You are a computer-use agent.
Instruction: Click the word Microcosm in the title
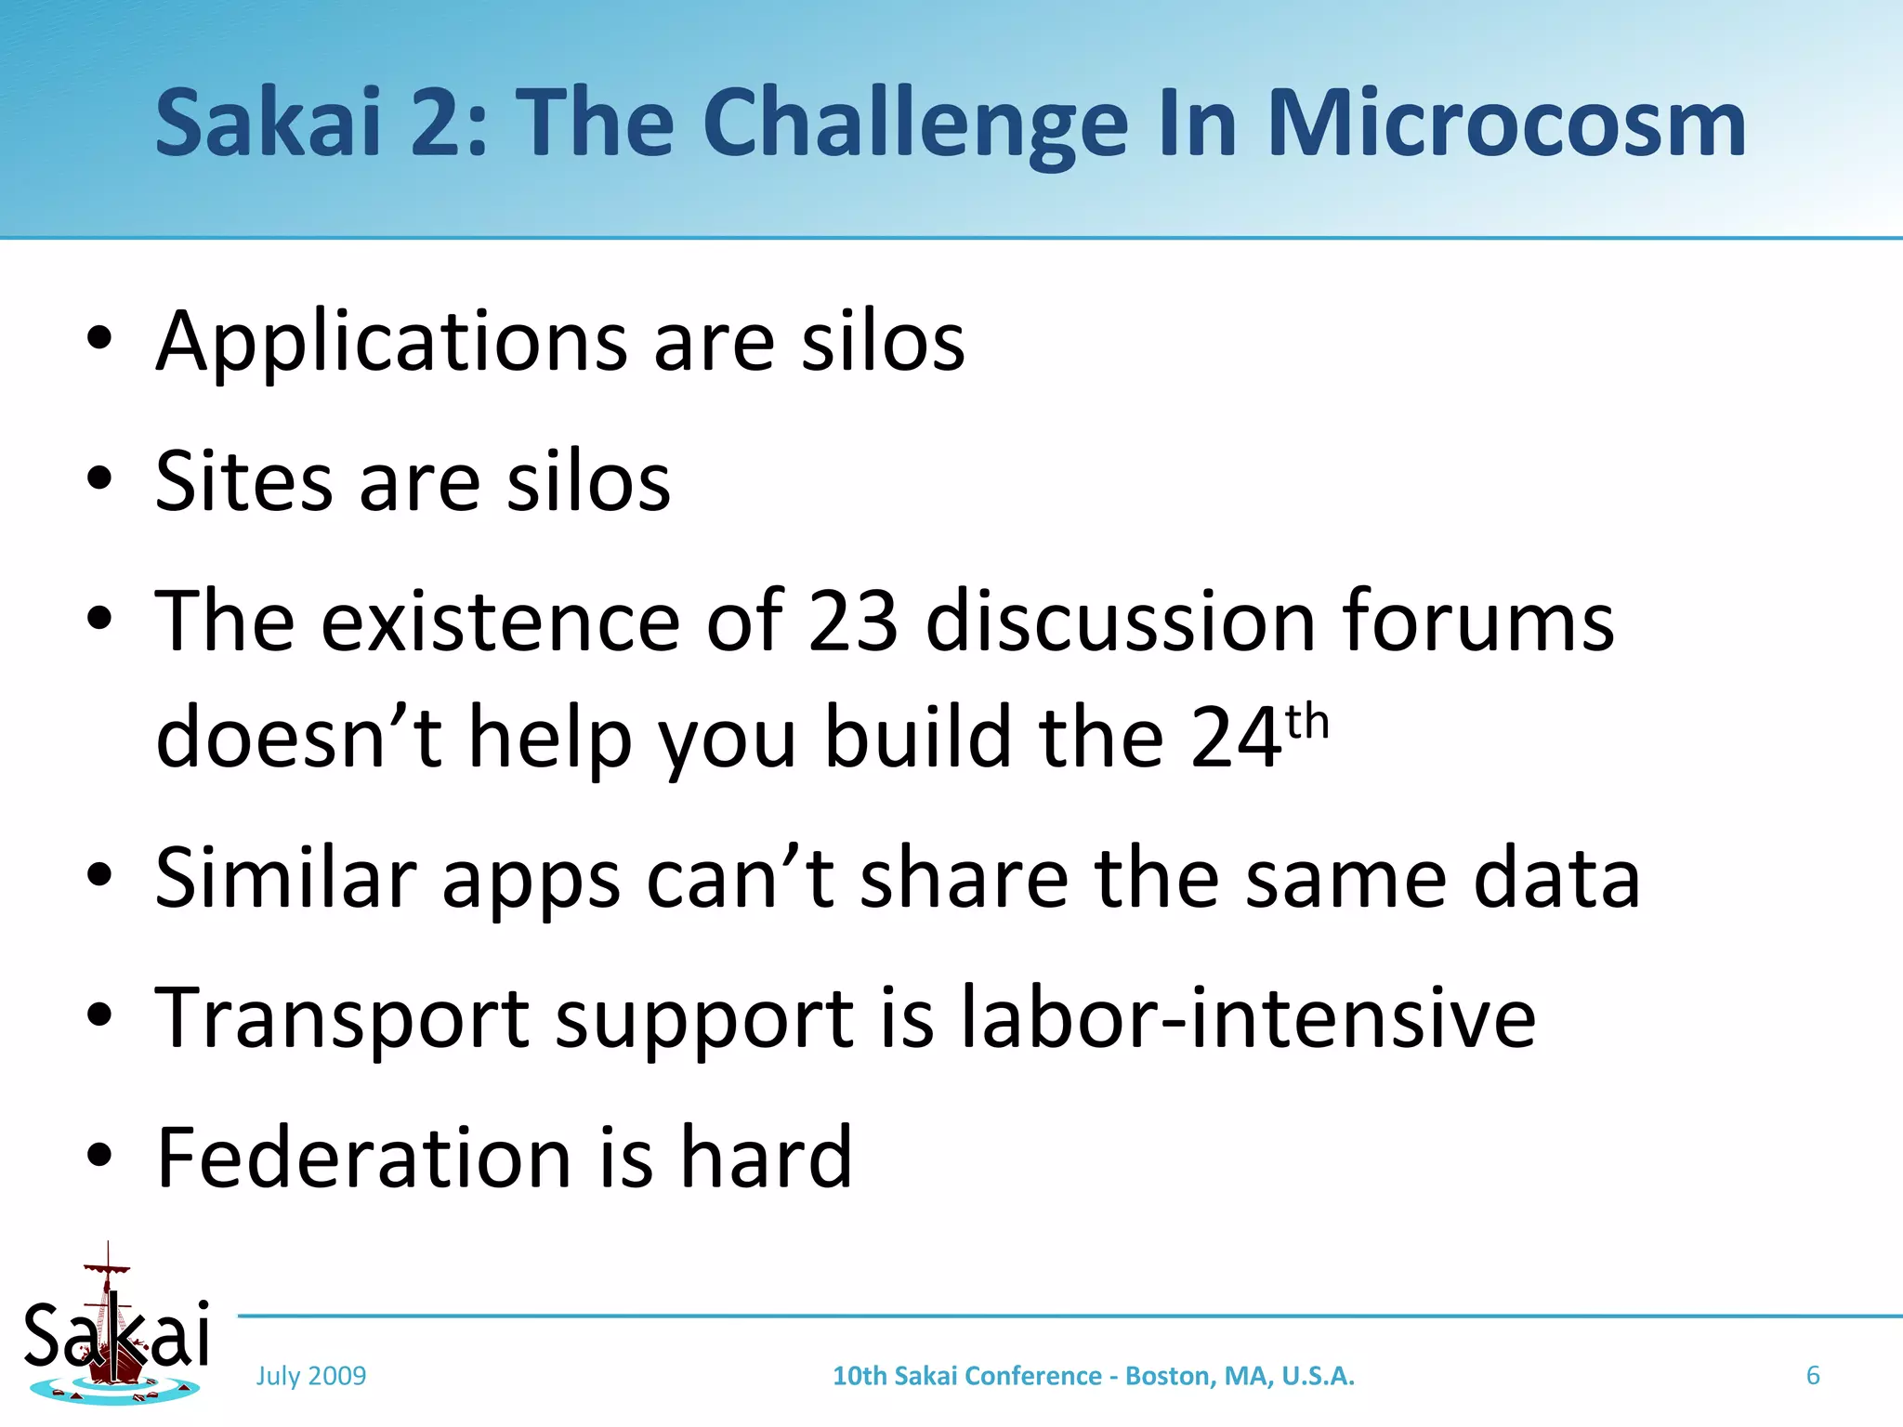click(1505, 124)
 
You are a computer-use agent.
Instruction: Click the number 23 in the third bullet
click(853, 621)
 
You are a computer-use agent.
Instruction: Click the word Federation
click(363, 1158)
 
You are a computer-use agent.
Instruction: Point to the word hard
click(766, 1158)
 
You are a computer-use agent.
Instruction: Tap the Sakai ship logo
click(116, 1329)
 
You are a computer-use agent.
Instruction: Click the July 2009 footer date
click(311, 1376)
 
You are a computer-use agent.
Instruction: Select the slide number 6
click(1812, 1376)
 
